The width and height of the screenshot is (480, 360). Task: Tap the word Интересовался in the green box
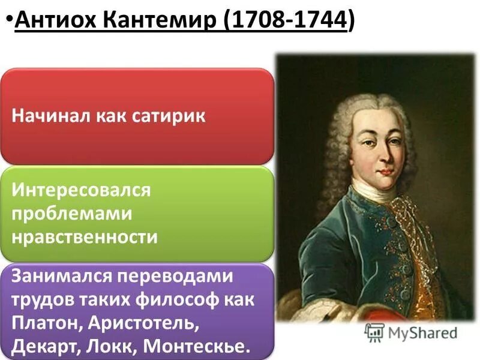click(x=81, y=191)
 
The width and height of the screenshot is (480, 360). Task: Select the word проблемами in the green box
click(x=71, y=214)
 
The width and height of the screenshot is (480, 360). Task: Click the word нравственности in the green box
click(x=84, y=236)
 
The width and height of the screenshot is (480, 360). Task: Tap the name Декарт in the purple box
click(x=46, y=346)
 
